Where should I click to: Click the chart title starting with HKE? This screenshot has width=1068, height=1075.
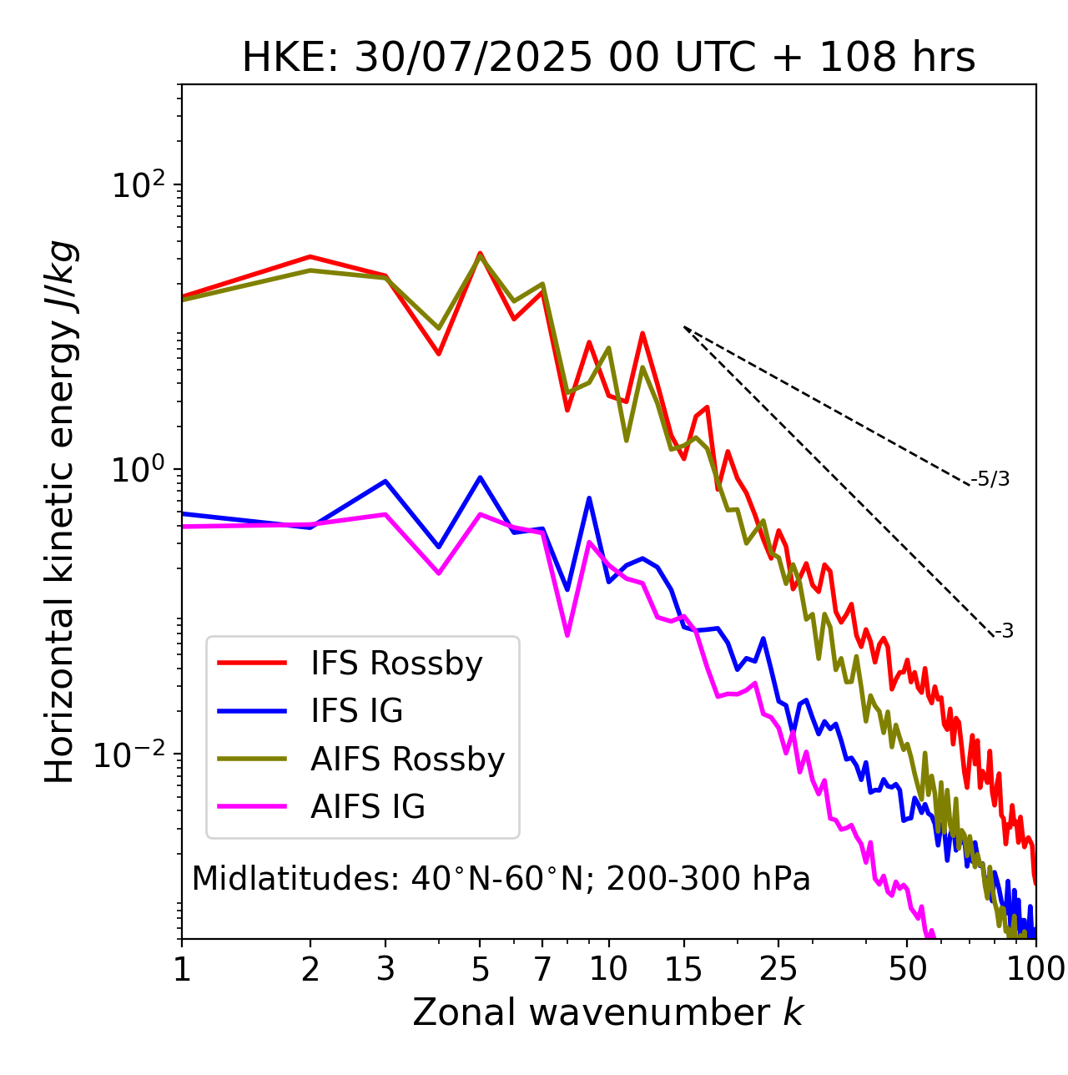(x=608, y=58)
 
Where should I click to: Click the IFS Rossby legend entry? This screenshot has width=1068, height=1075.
(x=396, y=664)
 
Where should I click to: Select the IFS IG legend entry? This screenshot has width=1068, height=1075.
(x=356, y=711)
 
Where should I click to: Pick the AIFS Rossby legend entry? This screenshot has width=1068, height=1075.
(x=407, y=760)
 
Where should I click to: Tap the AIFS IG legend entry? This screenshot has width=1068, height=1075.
(x=367, y=807)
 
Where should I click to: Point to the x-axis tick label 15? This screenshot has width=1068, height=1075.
(x=683, y=969)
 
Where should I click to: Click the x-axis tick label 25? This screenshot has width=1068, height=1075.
(x=778, y=969)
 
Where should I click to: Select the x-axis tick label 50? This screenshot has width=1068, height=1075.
(x=907, y=969)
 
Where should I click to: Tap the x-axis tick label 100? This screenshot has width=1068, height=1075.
(x=1035, y=969)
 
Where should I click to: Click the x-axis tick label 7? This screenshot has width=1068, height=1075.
(x=542, y=969)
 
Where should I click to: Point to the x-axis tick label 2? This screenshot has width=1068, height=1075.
(x=310, y=969)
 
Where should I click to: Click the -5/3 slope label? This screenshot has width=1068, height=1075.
(x=990, y=479)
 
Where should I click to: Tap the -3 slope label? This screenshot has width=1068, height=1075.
(x=1004, y=631)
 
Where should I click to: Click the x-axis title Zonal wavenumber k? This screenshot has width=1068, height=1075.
(x=608, y=1012)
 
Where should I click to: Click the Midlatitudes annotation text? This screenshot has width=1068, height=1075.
(x=501, y=879)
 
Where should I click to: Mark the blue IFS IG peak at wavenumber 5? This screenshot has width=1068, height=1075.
(x=480, y=477)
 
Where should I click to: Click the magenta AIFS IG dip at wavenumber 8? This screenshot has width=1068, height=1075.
(x=567, y=635)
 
